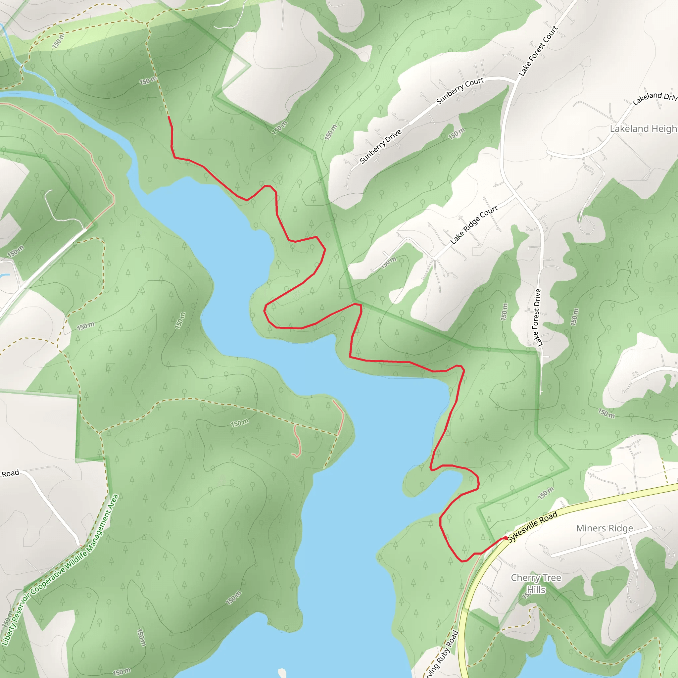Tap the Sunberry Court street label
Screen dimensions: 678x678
coord(460,90)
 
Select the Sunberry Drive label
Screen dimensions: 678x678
coord(380,146)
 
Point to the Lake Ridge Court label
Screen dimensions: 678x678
coord(474,224)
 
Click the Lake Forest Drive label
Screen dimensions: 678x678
coord(537,317)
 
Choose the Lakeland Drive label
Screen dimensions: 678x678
coord(655,98)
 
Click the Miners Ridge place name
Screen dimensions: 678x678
coord(604,528)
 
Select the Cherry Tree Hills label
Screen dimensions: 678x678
coord(536,583)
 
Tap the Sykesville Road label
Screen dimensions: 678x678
coord(532,526)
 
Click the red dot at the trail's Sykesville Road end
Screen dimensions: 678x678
coord(505,538)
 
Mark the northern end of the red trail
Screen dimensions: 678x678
coord(169,117)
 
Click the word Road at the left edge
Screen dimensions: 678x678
coord(10,473)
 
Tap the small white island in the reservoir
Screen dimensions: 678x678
coord(282,672)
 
